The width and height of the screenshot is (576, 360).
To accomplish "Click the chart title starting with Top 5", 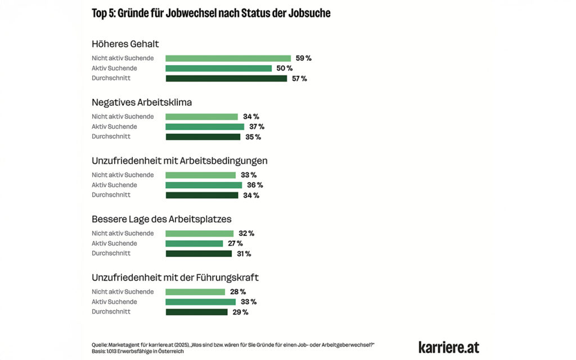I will [x=211, y=13].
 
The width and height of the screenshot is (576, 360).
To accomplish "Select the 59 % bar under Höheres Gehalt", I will [x=228, y=58].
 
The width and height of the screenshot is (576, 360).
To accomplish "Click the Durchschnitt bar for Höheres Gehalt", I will [x=226, y=78].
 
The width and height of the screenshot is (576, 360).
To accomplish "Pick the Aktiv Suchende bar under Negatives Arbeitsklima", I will [x=205, y=127].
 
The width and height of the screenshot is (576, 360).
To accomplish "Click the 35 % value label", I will [x=253, y=137].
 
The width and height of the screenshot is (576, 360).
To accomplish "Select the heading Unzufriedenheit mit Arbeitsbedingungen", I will [x=179, y=160].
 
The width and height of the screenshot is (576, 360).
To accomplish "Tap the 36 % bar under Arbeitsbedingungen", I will [x=204, y=185].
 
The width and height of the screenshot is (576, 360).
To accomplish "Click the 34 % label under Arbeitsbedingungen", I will [x=251, y=195].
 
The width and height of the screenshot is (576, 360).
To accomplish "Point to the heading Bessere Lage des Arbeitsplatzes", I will [x=161, y=219].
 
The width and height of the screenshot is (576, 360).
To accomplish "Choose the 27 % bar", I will [x=194, y=244].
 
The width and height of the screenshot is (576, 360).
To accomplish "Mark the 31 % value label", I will [x=244, y=254].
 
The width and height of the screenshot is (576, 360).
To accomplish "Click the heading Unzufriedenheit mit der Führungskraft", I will [x=175, y=277].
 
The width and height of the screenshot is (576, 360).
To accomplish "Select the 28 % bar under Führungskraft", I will [x=195, y=292].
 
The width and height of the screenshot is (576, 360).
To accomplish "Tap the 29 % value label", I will [x=240, y=312].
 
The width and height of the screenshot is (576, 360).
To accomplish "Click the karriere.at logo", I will [x=449, y=347].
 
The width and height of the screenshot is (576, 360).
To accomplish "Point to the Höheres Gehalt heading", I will [x=125, y=43].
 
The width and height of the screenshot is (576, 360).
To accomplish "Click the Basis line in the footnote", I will [x=138, y=352].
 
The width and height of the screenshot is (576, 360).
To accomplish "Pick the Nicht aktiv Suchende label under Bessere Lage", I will [x=123, y=233].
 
